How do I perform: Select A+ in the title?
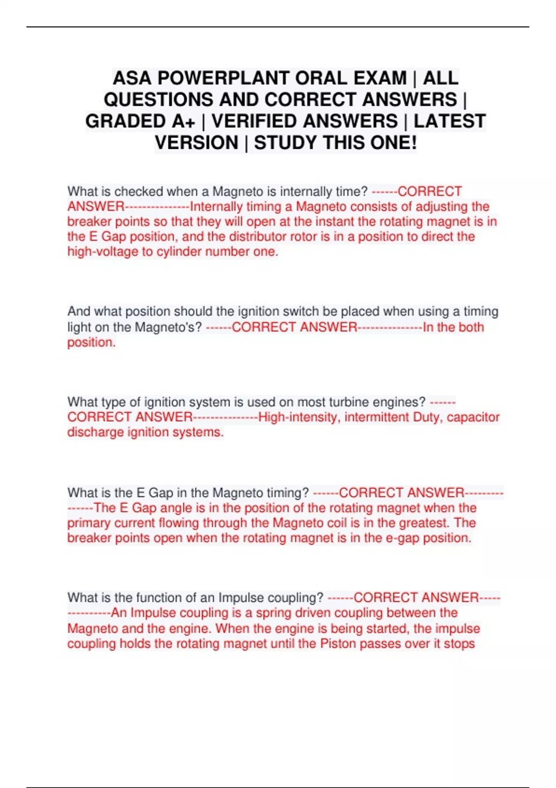(183, 121)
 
